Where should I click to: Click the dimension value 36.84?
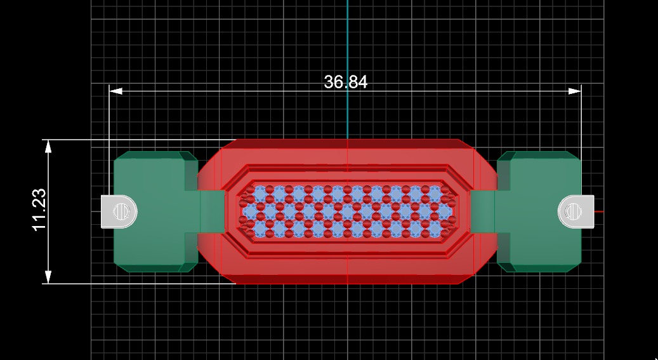[x=345, y=82]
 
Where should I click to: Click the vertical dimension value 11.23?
[x=39, y=210]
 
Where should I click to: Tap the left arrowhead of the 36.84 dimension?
[x=115, y=91]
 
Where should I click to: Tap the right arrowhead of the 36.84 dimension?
[x=574, y=91]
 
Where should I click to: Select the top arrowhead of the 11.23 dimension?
[x=48, y=146]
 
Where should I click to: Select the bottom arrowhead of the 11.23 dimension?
[x=48, y=277]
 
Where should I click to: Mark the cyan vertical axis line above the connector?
[x=348, y=38]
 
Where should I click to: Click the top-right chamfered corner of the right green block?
[x=574, y=156]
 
